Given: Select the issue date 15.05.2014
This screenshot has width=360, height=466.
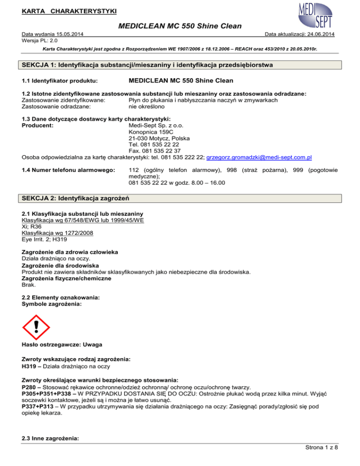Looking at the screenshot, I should (x=71, y=35).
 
